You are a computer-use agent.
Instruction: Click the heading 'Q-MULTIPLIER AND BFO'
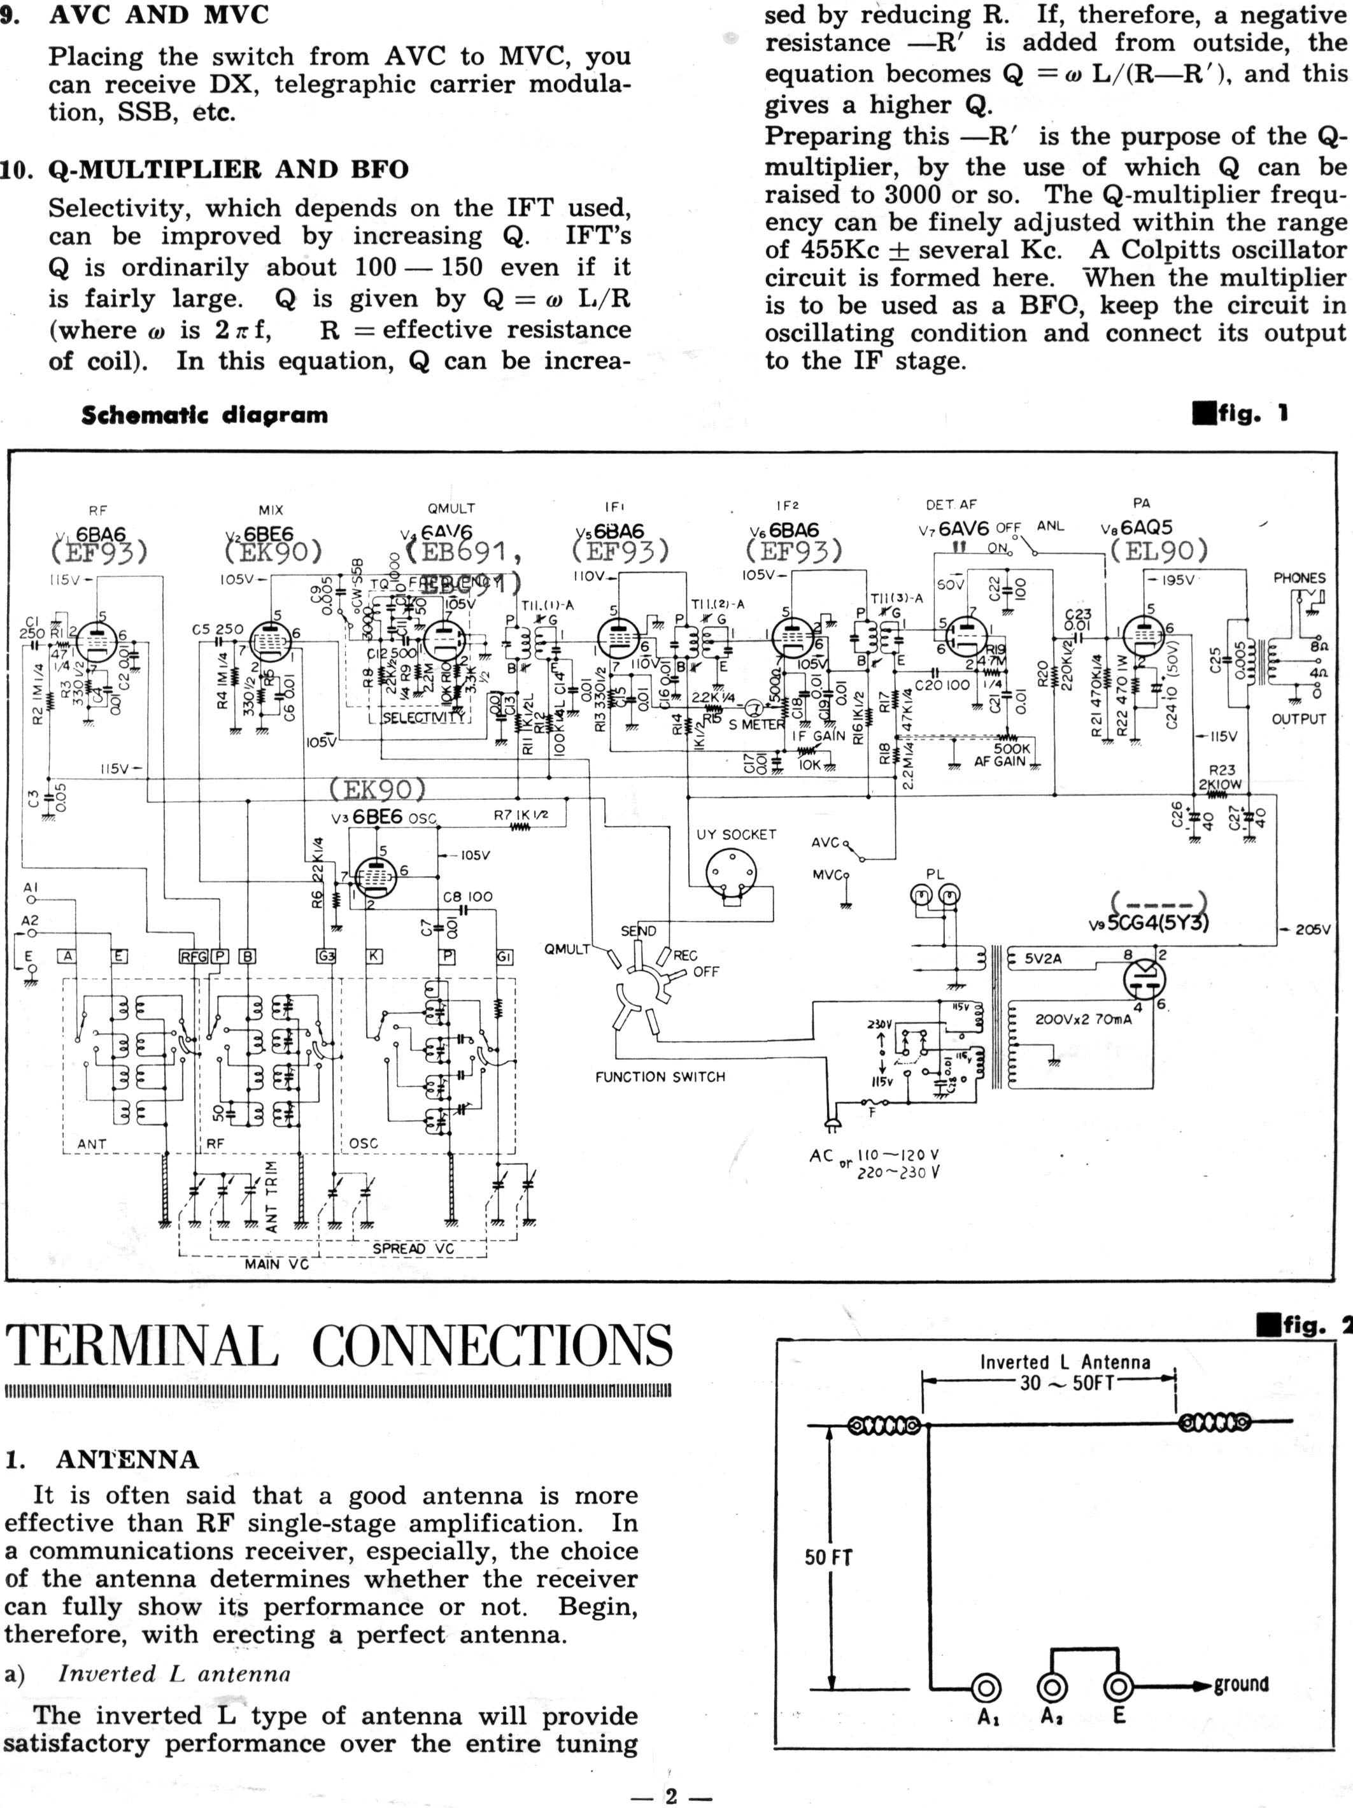pos(228,169)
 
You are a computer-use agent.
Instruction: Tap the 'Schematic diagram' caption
pos(204,415)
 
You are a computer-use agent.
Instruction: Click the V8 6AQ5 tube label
pos(1138,529)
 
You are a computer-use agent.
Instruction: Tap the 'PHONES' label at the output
pos(1299,578)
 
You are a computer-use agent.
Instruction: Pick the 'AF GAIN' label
pos(1002,761)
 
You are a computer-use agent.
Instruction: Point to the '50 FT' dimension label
pos(828,1557)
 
